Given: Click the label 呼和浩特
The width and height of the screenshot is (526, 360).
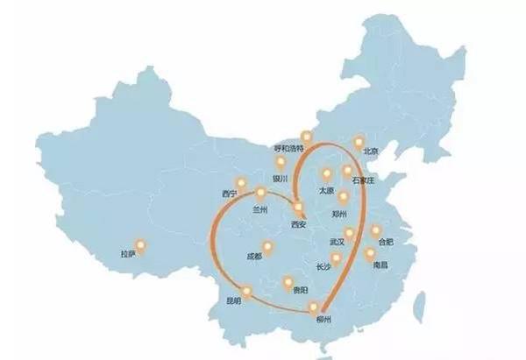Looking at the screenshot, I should click(288, 149).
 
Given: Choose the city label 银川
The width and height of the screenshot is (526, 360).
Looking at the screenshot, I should click(281, 178).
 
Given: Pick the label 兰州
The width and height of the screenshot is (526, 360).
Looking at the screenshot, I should click(259, 209).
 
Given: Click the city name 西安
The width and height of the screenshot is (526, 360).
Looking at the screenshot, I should click(299, 224).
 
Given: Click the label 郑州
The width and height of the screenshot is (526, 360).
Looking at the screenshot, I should click(340, 213).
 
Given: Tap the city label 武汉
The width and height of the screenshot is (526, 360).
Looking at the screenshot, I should click(337, 242).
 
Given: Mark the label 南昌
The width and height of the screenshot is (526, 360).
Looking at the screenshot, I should click(379, 264).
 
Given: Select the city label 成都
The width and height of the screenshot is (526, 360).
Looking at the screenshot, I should click(254, 257).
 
